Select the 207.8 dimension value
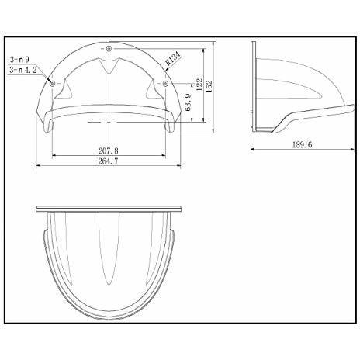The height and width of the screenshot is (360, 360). [x=113, y=149]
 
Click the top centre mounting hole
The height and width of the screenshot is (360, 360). [x=108, y=48]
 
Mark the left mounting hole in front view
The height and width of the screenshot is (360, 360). [x=51, y=81]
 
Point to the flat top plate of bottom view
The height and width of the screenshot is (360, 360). [x=110, y=209]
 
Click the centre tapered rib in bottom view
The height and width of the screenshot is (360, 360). [x=110, y=256]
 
